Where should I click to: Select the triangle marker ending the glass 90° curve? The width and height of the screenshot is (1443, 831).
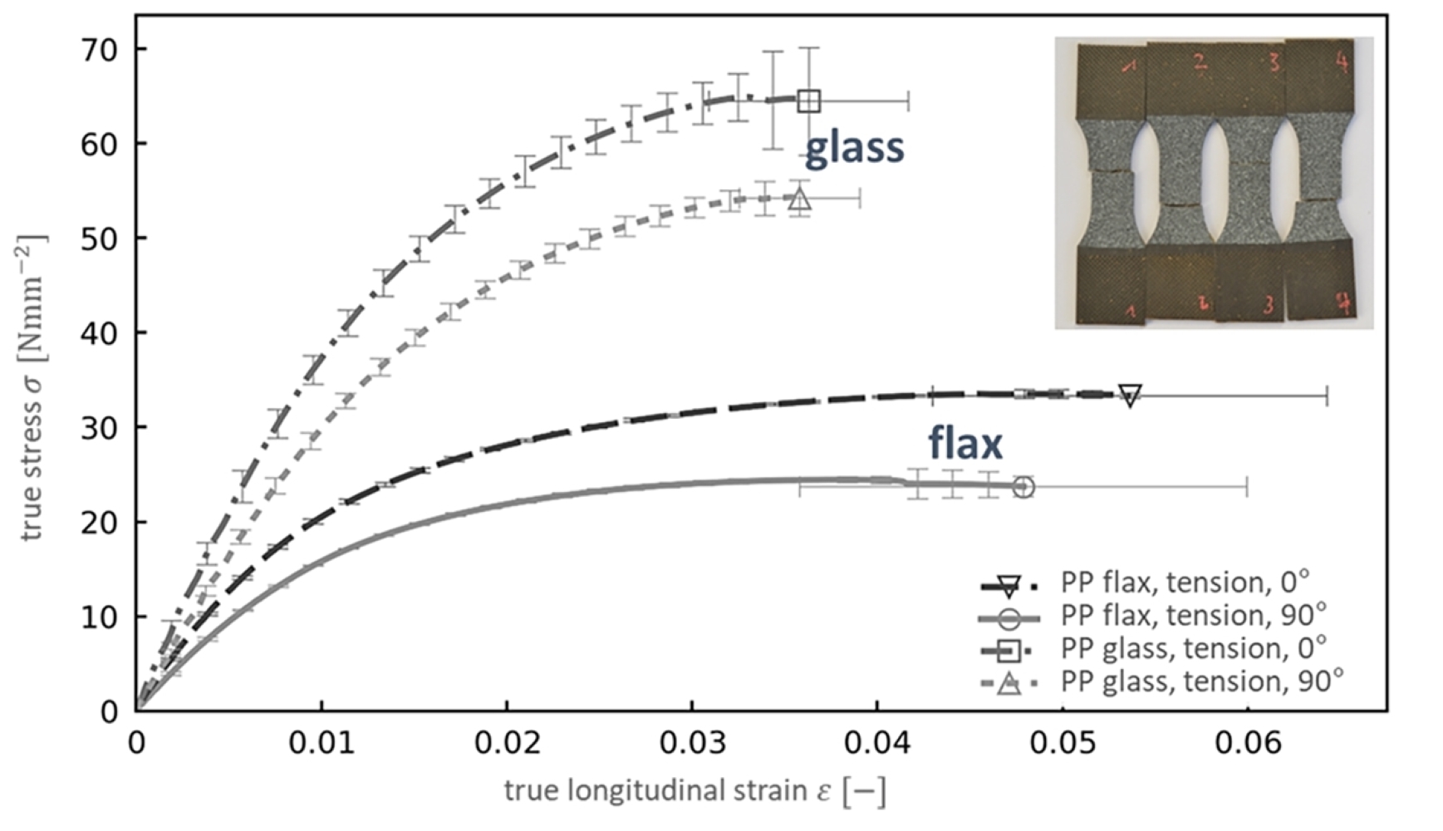799,199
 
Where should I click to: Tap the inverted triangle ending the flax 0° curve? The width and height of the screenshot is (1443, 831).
1130,396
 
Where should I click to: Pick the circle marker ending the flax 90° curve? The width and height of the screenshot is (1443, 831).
1024,487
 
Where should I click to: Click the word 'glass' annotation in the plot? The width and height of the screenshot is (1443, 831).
854,148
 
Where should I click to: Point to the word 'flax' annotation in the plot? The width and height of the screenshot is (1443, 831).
964,443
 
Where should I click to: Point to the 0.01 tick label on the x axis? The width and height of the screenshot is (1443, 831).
321,742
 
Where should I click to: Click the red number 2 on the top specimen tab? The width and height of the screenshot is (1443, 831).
1199,61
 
